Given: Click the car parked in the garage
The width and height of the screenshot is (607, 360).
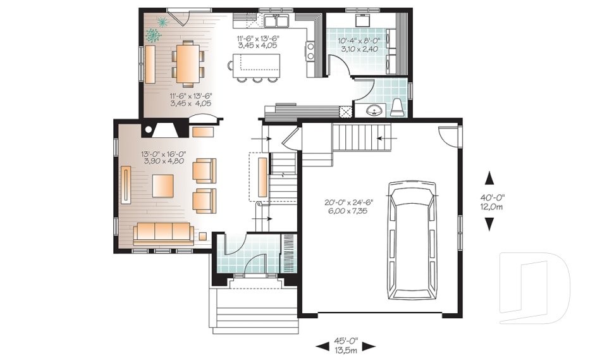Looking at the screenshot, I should coord(413,240).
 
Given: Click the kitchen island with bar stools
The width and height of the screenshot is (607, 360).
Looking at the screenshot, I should coord(256,64).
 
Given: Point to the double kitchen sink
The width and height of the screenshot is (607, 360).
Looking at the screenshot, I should coord(276,22).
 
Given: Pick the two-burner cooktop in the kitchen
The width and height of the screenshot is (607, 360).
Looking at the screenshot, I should coord(310,50).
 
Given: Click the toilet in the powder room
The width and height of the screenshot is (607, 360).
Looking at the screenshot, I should coord(397,107).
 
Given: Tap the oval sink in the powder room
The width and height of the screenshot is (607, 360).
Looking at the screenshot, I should coord(376,111).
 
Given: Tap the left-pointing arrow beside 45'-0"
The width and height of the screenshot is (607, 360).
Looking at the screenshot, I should coord(322,346).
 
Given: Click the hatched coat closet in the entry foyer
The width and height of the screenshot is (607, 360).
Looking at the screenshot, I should coord(289,253).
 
